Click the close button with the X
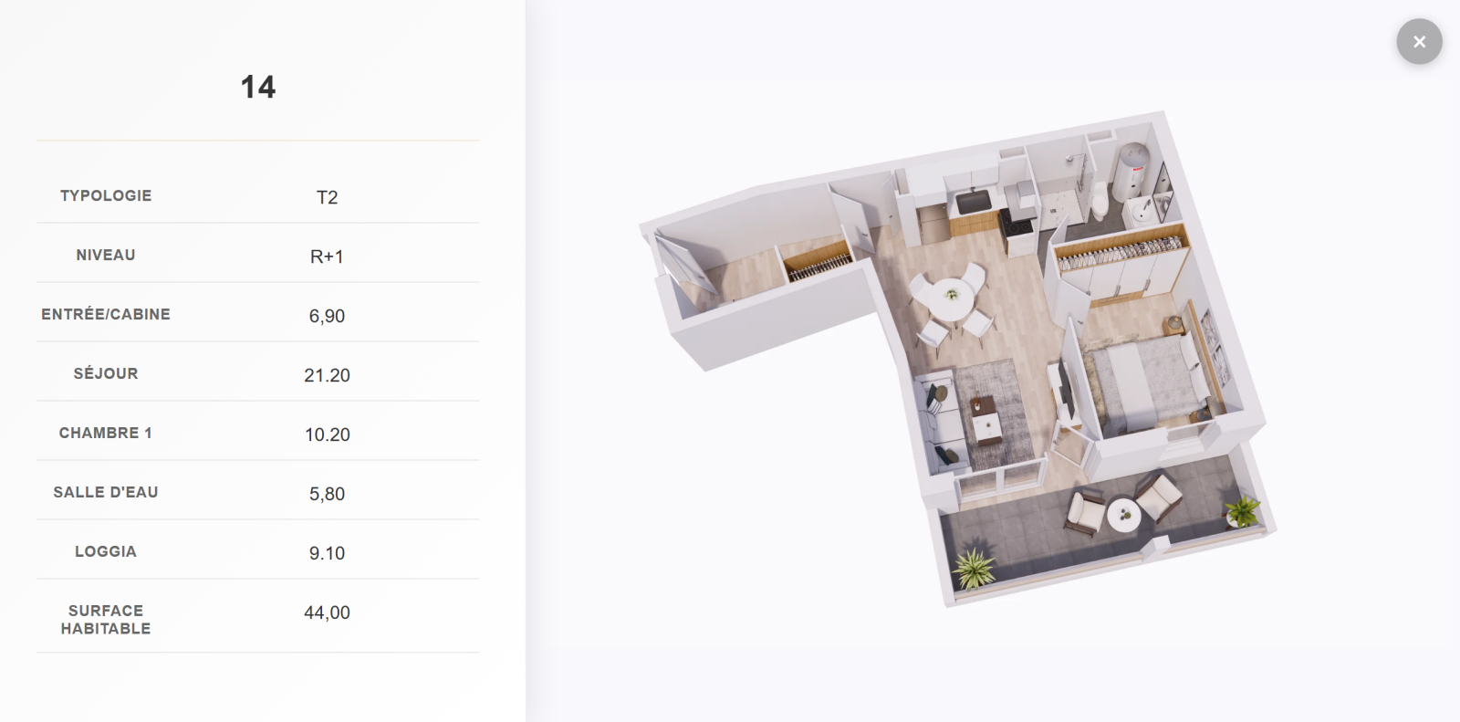coord(1419,42)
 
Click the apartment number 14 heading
coord(258,87)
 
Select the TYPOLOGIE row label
coord(106,195)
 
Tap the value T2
coord(328,197)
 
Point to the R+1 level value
coord(327,256)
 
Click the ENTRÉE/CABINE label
coord(106,314)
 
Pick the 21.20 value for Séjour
coord(328,375)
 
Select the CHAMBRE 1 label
coord(106,433)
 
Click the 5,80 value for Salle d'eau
coord(327,494)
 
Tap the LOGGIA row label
coord(106,552)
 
